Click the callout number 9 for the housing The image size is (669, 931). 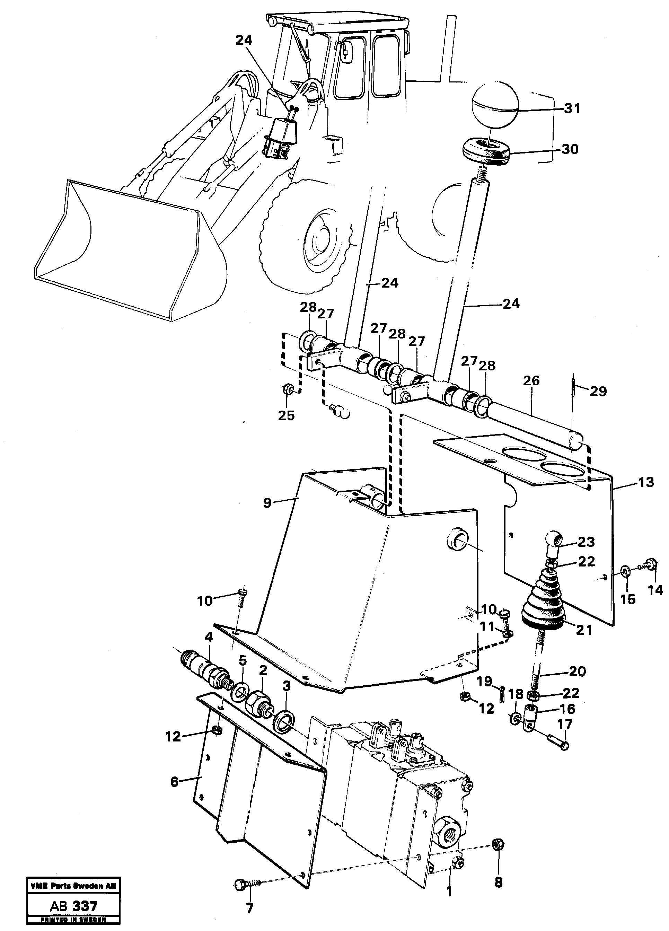pyautogui.click(x=267, y=503)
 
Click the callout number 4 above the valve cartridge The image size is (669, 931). pyautogui.click(x=209, y=638)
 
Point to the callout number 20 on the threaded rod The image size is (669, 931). pyautogui.click(x=577, y=672)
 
